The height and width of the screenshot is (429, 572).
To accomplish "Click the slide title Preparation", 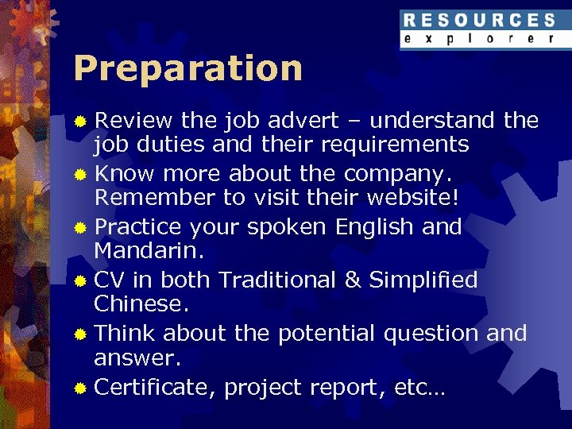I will point(187,68).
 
